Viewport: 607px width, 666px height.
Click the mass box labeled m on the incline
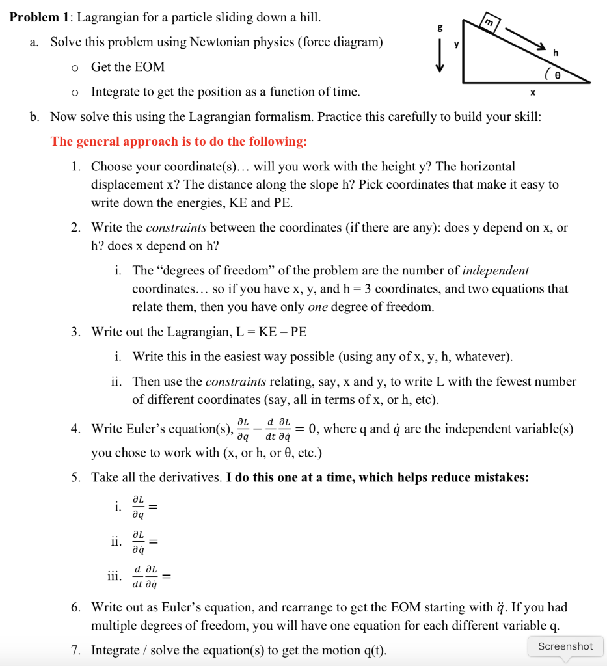pos(488,23)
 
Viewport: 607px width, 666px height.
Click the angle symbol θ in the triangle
pos(574,75)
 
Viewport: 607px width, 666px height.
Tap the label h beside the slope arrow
pos(555,53)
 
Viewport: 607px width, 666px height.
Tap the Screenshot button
pos(565,646)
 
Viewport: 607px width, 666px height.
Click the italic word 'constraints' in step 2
pos(176,228)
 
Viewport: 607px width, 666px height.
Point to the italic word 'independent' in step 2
pos(496,271)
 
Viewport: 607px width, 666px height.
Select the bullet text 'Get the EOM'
pos(128,67)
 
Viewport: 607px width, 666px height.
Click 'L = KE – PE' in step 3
pos(271,332)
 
